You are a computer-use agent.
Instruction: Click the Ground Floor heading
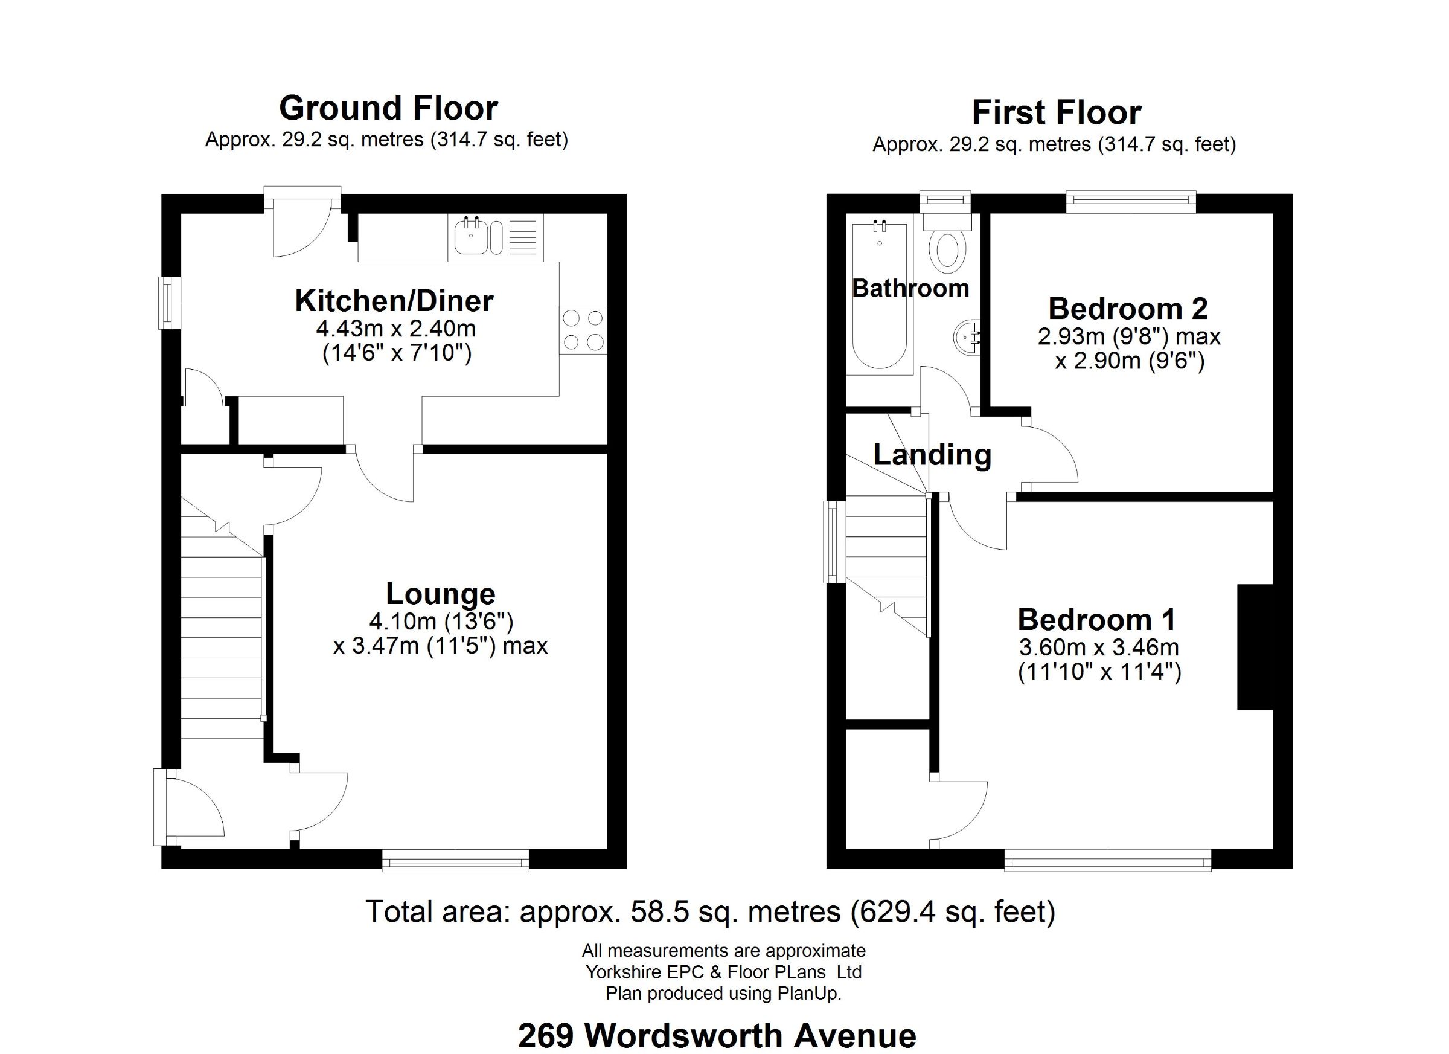click(x=388, y=108)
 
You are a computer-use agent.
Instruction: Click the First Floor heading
click(x=1056, y=113)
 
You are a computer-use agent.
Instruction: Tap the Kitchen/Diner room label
click(x=394, y=301)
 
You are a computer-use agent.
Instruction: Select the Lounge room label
click(x=440, y=594)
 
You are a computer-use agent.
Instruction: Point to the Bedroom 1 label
click(x=1096, y=619)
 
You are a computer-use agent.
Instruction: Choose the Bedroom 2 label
click(x=1128, y=309)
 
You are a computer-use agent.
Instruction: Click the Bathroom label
click(x=910, y=288)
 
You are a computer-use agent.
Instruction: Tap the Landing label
click(x=932, y=455)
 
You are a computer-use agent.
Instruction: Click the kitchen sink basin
click(x=471, y=238)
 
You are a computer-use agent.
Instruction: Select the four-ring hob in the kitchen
click(x=583, y=330)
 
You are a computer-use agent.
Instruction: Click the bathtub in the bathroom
click(x=880, y=297)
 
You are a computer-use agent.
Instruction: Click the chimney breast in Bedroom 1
click(x=1255, y=647)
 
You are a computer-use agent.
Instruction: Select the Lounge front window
click(x=455, y=860)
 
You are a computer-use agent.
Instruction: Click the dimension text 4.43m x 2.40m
click(x=396, y=329)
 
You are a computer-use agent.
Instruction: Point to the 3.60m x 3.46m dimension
click(x=1099, y=648)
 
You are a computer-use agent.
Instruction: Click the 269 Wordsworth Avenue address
click(x=717, y=1035)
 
